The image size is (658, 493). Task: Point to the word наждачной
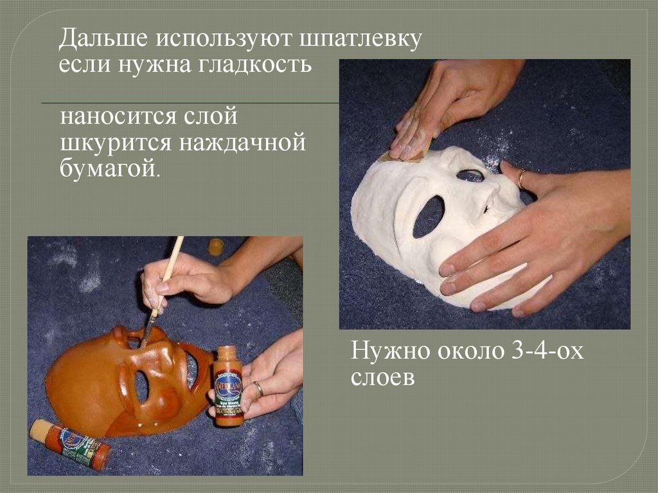[242, 143]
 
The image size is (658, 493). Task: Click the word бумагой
[109, 168]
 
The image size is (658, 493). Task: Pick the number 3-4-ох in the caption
[547, 350]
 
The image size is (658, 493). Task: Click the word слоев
[382, 377]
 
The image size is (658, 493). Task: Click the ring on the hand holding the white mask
[521, 179]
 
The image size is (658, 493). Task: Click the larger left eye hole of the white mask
[429, 216]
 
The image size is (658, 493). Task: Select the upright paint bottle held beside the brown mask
[228, 386]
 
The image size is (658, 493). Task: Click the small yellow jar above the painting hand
[215, 247]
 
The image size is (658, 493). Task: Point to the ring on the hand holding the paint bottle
[258, 390]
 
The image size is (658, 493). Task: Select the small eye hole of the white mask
[470, 175]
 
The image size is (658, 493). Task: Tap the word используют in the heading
[224, 39]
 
